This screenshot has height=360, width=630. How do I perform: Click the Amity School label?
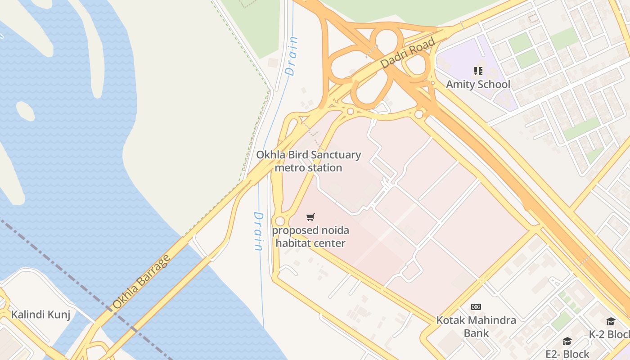[478, 84]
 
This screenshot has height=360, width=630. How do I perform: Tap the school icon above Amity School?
[478, 71]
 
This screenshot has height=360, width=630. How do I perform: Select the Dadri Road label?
[408, 54]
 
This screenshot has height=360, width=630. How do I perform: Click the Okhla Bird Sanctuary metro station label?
[308, 161]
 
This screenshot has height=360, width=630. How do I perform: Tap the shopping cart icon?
[310, 217]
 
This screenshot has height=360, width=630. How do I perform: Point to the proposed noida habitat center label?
[310, 237]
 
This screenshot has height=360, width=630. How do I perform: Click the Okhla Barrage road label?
[141, 282]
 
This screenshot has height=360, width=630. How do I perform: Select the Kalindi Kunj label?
[40, 314]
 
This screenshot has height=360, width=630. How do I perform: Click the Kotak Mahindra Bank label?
[476, 327]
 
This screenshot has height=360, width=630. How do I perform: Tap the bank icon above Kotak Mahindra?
[476, 307]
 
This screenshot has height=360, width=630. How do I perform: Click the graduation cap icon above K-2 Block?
[611, 321]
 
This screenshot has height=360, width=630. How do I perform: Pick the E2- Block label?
[567, 354]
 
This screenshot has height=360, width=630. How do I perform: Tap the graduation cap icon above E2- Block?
[567, 342]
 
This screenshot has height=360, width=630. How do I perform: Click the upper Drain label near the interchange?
[292, 56]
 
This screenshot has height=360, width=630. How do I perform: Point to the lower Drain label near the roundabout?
[258, 231]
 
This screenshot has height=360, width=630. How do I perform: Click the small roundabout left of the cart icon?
[280, 221]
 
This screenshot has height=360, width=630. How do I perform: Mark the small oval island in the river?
[25, 111]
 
